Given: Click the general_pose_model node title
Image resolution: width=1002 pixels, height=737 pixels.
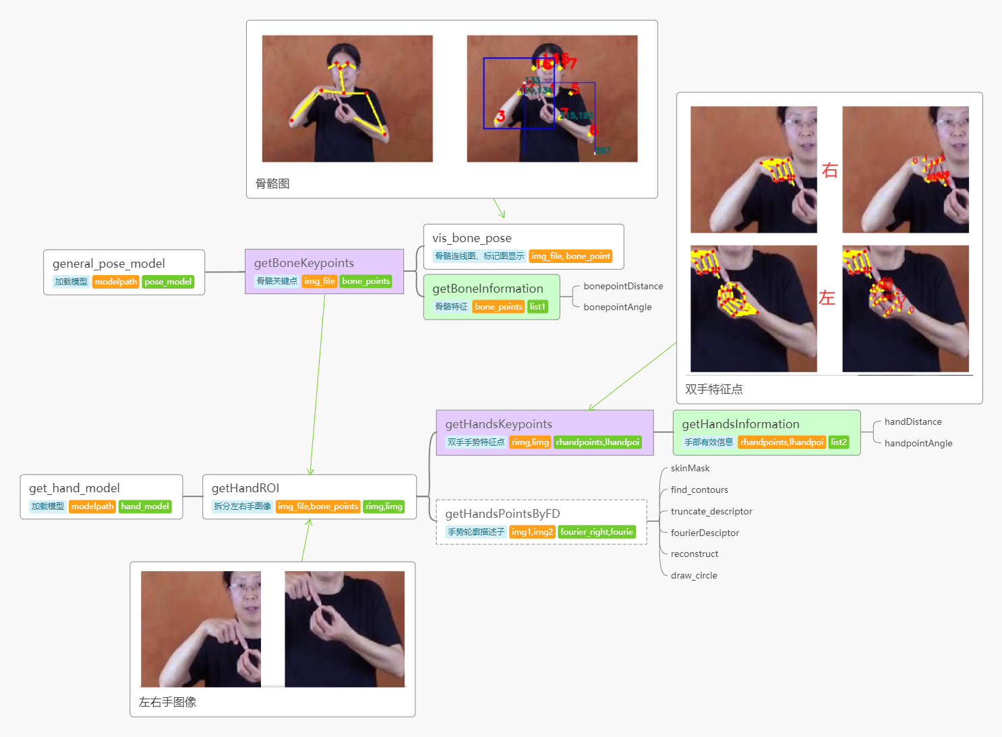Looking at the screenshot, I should pos(109,264).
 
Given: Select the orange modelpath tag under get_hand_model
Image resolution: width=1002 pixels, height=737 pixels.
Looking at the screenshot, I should pos(92,506).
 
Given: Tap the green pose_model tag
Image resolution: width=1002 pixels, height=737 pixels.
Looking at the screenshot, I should pos(168,282).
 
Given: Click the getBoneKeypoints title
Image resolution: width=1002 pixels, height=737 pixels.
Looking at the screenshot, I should pos(303,263).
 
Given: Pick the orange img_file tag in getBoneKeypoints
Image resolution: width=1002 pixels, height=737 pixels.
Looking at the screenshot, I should pos(320,281).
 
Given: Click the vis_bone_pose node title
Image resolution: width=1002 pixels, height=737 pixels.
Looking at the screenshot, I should pos(472,238).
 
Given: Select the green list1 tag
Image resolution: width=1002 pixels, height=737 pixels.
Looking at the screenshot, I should pos(537,307).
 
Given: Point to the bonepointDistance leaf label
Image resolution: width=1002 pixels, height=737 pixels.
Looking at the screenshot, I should pos(623,287).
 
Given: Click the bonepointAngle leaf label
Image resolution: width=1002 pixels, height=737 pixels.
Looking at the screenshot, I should pos(618,307).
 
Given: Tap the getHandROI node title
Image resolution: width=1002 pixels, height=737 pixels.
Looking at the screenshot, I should pos(245,488).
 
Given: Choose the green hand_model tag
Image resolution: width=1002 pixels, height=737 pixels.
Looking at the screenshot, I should pos(145,506).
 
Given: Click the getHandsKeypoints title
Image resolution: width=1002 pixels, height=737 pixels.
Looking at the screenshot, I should pos(498,424).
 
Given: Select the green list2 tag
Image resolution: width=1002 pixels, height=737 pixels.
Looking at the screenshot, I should pos(839,442).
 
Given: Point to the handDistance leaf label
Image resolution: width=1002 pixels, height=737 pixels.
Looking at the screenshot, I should pos(913,422).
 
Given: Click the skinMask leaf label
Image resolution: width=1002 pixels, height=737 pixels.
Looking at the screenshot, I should pos(690,469).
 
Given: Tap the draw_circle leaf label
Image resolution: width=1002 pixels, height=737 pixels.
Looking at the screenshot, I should pos(694,576).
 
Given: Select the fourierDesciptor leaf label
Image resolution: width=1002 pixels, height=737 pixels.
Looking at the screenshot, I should pos(705,533).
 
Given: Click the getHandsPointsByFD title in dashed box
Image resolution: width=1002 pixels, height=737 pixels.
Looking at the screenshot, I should pos(502,514).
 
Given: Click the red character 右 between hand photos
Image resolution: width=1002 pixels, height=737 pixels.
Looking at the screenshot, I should pos(829,171).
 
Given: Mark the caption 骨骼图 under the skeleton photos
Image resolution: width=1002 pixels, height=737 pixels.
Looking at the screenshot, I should pos(272,184).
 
